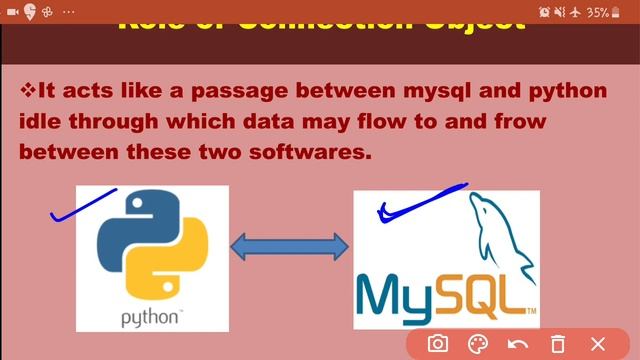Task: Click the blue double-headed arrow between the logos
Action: tap(290, 246)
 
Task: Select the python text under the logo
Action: tap(150, 318)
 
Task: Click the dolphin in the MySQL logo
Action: tap(500, 230)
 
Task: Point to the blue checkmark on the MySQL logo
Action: tap(420, 200)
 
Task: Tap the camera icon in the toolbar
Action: tap(438, 343)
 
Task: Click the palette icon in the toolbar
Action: tap(478, 343)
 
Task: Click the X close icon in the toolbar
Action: tap(599, 343)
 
